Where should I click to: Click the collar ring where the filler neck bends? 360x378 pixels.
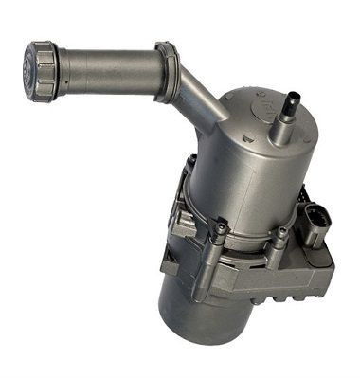point(167,72)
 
